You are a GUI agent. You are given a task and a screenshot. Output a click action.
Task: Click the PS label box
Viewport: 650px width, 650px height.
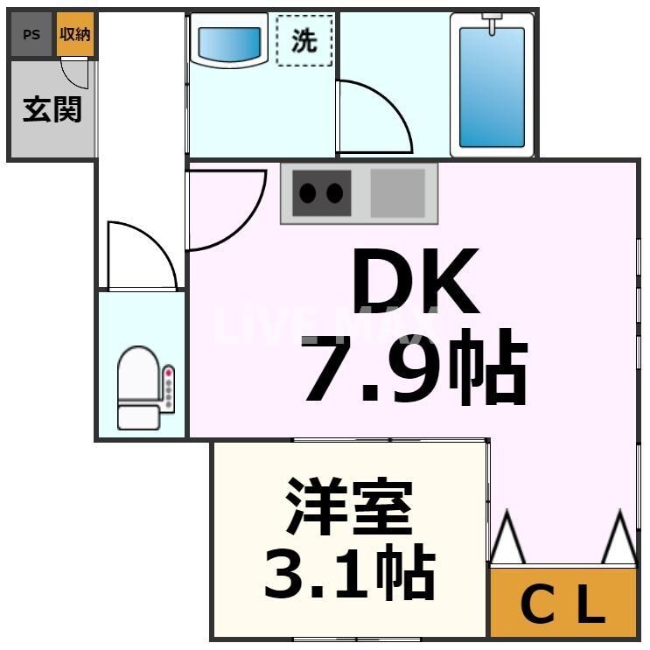point(31,35)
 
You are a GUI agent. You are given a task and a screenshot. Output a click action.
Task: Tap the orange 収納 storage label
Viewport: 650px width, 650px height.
point(75,35)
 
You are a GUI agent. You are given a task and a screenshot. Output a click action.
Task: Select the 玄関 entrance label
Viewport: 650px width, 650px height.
point(52,109)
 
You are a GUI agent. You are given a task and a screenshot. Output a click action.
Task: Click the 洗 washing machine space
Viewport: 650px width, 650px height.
point(304,40)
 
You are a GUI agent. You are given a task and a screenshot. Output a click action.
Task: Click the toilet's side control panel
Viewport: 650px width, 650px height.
point(169,388)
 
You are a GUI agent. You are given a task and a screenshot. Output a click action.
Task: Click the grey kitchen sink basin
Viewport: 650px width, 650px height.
point(397,193)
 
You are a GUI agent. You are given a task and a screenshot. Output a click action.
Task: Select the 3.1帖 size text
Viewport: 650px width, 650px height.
point(349,572)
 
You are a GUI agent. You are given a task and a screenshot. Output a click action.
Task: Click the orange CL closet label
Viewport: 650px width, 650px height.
point(563,603)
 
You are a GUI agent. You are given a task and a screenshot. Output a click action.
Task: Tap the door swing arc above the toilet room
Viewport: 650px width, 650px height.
point(140,255)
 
